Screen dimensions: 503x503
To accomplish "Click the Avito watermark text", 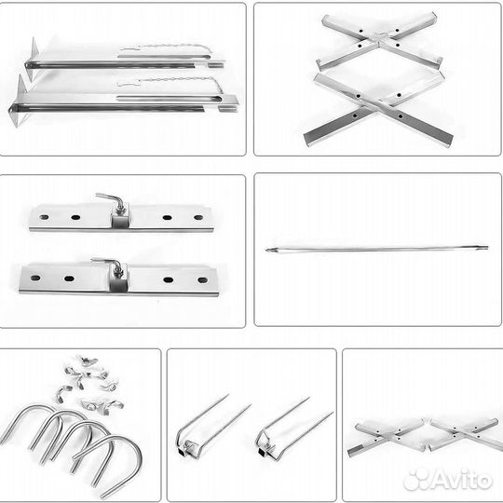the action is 447,480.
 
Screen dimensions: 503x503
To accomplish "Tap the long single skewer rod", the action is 377,249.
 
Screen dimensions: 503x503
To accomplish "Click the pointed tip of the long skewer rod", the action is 266,250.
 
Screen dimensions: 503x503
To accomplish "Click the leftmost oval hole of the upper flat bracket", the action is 44,217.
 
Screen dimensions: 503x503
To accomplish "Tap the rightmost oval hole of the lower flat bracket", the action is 203,280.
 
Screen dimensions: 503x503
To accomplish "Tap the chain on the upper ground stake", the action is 167,48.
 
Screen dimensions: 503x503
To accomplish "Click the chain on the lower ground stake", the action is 170,82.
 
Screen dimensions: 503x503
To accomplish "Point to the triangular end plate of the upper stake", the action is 33,59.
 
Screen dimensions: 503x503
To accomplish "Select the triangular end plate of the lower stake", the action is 18,101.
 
